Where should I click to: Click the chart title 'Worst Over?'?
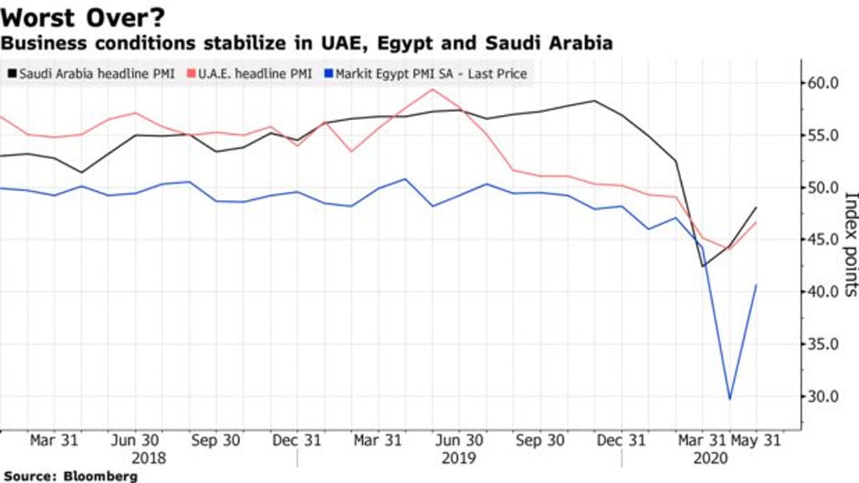tap(83, 17)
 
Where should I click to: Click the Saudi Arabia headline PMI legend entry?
tap(91, 74)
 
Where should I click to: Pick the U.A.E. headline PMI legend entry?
tap(250, 74)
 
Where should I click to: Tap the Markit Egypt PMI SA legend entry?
tap(425, 74)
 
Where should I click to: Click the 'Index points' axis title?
tap(850, 244)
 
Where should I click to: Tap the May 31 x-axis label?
tap(756, 441)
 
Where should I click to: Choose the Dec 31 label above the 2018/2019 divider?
tap(297, 441)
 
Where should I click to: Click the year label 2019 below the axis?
tap(458, 458)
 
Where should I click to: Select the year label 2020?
tap(711, 458)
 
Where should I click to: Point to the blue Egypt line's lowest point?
tap(729, 399)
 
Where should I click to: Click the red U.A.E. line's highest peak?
tap(433, 89)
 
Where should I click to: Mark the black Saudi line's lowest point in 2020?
tap(703, 266)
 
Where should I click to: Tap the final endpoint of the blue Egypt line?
tap(756, 285)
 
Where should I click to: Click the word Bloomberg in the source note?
tap(101, 476)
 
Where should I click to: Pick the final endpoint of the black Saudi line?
tap(756, 207)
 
